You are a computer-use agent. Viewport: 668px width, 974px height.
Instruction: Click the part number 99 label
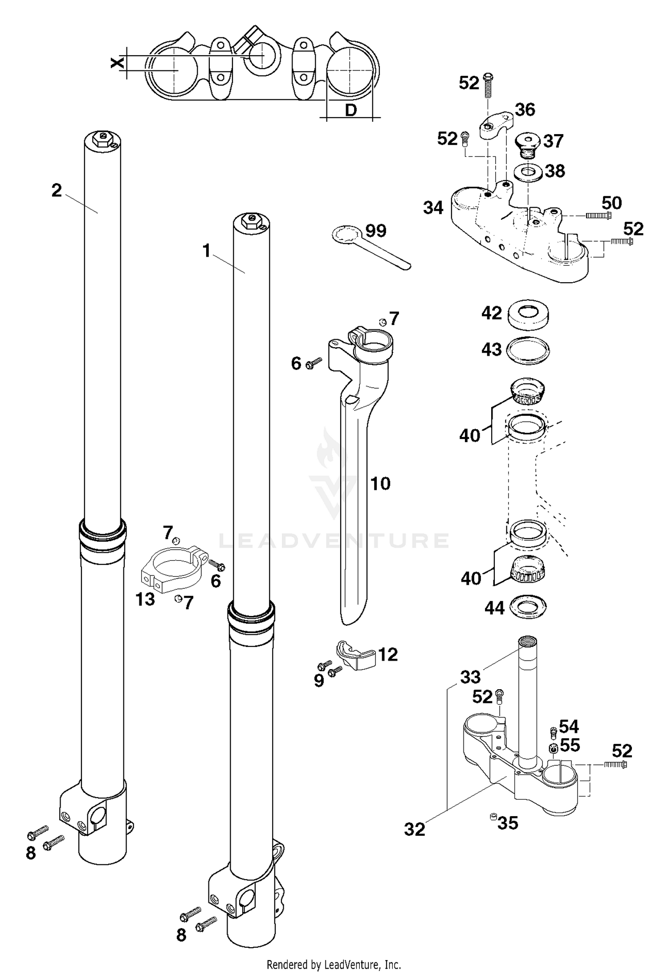tap(376, 231)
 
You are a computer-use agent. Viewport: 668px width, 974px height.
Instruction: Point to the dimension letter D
tap(351, 110)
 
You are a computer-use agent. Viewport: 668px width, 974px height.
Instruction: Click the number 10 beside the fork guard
tap(380, 484)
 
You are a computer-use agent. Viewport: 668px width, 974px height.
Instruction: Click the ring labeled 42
tap(528, 314)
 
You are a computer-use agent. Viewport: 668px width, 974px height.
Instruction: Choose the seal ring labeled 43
tap(528, 350)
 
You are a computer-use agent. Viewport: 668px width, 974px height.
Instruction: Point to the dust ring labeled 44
tap(528, 607)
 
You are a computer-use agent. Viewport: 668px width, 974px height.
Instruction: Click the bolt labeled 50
tap(598, 216)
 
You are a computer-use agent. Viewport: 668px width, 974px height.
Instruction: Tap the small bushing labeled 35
tap(493, 816)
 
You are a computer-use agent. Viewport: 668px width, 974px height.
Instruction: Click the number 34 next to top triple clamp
tap(433, 208)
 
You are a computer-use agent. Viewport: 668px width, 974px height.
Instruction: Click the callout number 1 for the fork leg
tap(206, 251)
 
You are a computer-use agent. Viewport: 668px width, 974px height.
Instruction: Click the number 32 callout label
tap(415, 830)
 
